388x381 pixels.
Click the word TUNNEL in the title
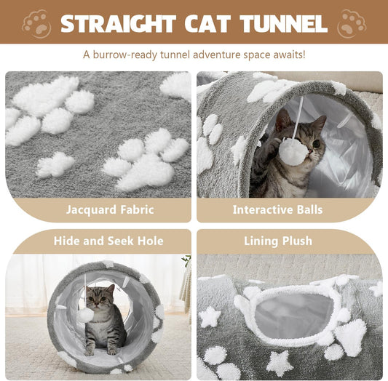(x=278, y=23)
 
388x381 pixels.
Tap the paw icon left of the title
(x=36, y=23)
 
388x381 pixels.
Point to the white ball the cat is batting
(x=292, y=152)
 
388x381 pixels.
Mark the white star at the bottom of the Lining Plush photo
(x=279, y=361)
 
